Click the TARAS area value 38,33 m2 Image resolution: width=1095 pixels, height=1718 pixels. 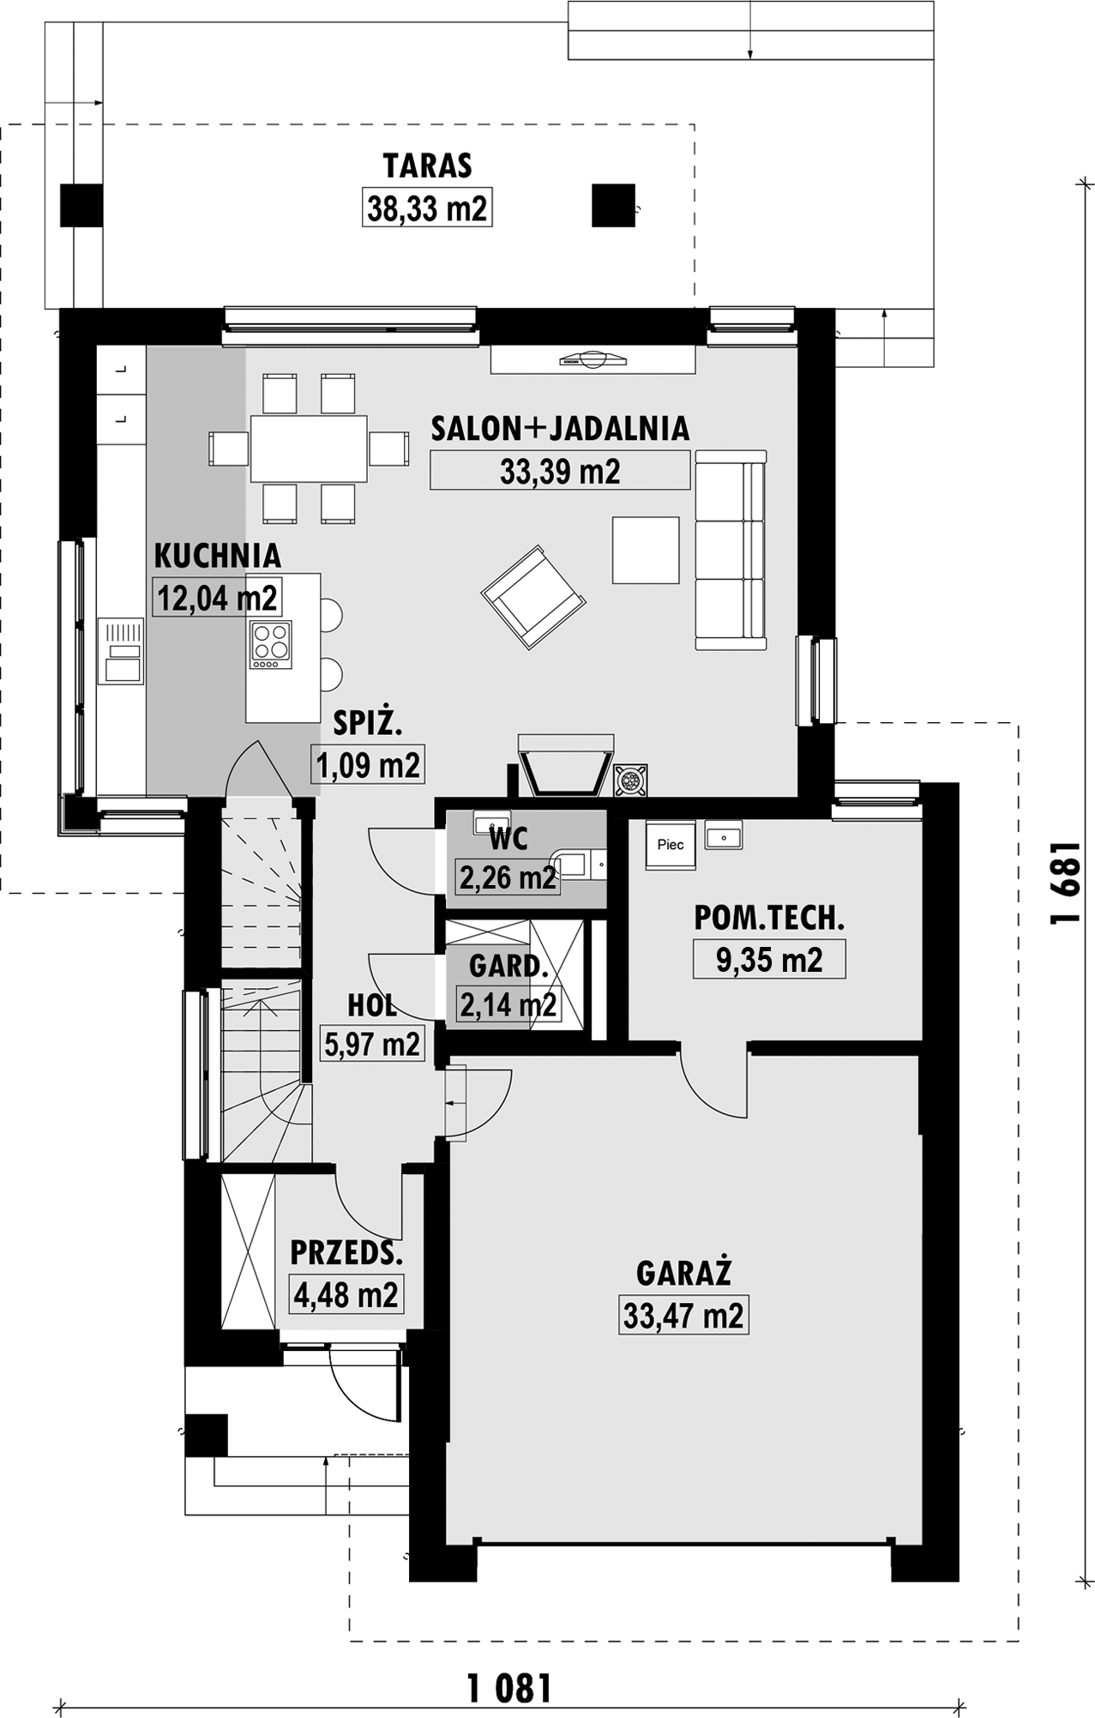427,208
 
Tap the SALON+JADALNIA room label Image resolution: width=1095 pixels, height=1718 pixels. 560,429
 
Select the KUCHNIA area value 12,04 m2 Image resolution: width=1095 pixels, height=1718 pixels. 218,598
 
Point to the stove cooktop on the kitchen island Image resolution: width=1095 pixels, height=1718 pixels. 270,644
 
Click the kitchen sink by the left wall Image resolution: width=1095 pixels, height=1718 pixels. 122,651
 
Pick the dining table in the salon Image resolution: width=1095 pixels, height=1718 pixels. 309,449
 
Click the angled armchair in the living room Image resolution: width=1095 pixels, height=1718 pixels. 533,596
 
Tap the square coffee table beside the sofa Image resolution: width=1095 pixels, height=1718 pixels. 646,550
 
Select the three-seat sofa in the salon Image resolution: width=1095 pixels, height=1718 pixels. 730,550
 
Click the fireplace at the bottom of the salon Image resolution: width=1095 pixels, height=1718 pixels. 566,763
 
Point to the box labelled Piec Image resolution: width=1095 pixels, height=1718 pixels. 671,845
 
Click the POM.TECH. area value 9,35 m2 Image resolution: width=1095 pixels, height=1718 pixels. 769,960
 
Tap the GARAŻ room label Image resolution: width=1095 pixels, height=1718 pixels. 683,1273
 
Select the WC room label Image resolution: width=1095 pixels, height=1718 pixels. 508,838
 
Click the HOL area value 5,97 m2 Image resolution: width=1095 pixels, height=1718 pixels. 372,1043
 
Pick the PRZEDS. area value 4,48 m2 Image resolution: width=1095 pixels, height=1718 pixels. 346,1295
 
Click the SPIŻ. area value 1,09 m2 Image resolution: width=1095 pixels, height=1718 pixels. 369,764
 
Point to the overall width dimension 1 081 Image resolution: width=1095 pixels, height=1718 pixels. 509,1688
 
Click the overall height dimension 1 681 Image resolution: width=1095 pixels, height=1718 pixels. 1063,882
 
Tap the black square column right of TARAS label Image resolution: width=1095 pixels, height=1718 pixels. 614,205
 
